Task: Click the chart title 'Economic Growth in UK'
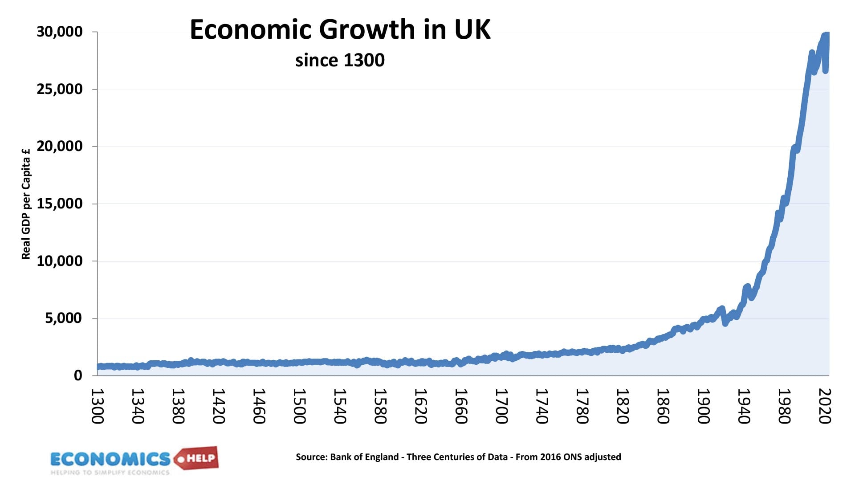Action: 340,30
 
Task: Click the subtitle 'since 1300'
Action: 340,61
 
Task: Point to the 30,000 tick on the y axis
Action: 60,32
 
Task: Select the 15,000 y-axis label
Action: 60,204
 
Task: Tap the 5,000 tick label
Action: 64,318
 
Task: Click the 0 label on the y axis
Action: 78,376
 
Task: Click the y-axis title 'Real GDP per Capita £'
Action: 26,204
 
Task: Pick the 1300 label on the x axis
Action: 97,406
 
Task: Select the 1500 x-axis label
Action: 299,406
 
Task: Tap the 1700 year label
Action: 501,406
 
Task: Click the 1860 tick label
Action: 663,406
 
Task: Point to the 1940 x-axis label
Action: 744,406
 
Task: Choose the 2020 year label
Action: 825,406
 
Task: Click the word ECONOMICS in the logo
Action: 110,459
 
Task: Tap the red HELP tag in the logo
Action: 199,458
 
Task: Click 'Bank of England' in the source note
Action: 364,457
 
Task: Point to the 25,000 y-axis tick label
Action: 60,90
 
